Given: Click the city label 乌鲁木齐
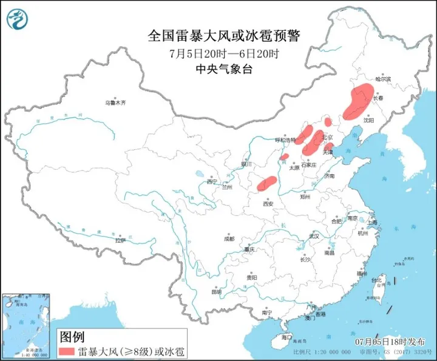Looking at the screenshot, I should [x=114, y=103].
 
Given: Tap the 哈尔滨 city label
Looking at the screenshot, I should [x=383, y=79].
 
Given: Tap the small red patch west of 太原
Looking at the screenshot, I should [x=284, y=157].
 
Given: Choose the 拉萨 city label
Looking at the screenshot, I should [x=121, y=240].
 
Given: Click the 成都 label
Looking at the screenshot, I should [x=228, y=238].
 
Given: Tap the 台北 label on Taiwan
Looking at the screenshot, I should [x=376, y=280].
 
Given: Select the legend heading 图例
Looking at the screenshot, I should [x=71, y=336].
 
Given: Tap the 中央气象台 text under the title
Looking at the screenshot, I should [x=224, y=69].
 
